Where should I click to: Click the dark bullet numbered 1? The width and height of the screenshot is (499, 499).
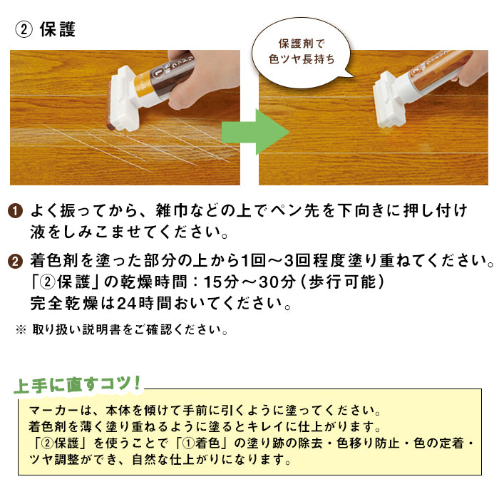click(15, 212)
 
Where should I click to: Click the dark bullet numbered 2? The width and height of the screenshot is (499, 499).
click(15, 260)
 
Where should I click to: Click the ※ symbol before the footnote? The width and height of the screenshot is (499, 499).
click(21, 331)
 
